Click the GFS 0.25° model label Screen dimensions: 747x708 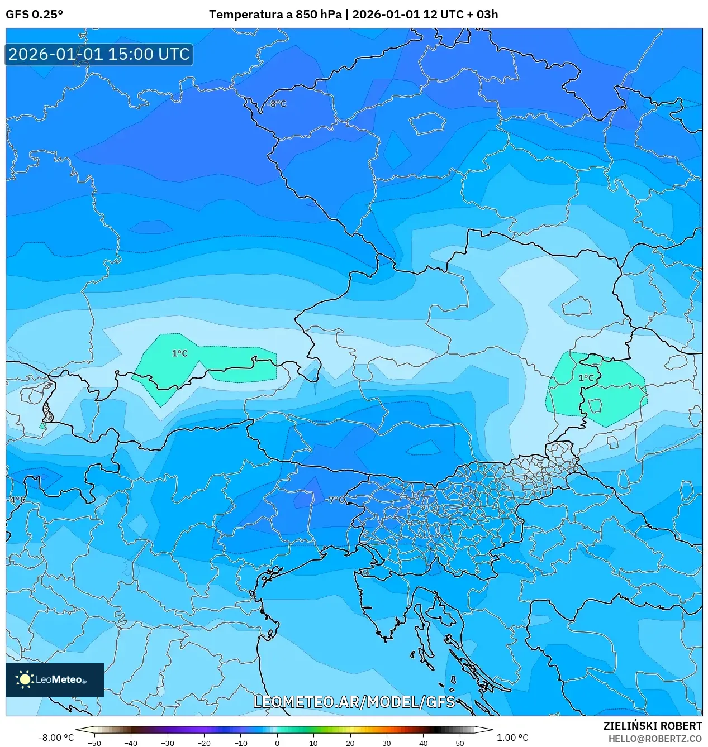[34, 15]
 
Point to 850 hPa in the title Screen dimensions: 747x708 [318, 15]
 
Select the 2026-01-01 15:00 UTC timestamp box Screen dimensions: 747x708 [99, 55]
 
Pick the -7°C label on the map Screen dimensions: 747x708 [335, 500]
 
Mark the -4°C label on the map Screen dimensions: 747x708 [17, 500]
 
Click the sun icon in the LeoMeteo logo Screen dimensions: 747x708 [25, 679]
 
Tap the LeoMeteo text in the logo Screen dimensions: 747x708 [59, 679]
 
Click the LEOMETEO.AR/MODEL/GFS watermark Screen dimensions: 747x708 [354, 702]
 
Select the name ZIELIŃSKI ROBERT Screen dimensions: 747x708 [652, 726]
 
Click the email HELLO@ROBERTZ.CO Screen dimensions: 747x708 [654, 739]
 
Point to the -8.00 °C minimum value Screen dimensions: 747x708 [56, 738]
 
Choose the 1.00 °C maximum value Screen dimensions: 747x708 [512, 738]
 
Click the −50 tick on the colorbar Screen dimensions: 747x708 [94, 743]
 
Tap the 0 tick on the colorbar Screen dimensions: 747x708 [277, 743]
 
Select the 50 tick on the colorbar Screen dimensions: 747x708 [459, 743]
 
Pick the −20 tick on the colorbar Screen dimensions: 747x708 [204, 743]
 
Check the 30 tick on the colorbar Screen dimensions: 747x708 [387, 743]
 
